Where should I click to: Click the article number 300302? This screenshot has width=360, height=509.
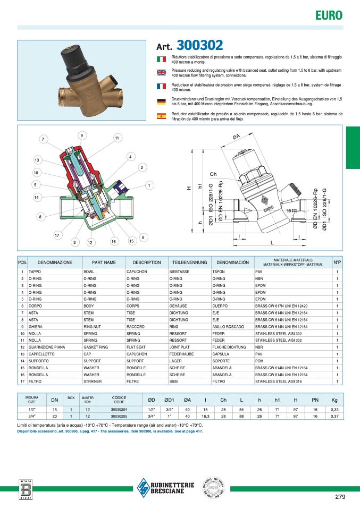(x=199, y=45)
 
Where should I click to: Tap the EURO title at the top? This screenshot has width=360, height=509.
(x=329, y=15)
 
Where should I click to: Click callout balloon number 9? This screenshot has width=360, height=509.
(x=82, y=136)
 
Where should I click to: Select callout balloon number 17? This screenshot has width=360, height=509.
(x=57, y=235)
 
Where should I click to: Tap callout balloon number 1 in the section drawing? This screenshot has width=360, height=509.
(x=149, y=185)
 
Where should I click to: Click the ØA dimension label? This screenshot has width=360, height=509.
(x=236, y=138)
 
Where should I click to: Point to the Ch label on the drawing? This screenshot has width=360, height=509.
(x=213, y=174)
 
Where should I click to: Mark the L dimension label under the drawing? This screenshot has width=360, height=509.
(x=272, y=242)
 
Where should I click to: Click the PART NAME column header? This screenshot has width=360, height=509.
(x=104, y=262)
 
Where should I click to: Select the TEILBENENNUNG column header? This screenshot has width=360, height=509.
(x=189, y=262)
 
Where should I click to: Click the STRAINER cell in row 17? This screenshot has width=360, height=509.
(x=92, y=381)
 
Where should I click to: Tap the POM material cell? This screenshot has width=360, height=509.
(x=260, y=360)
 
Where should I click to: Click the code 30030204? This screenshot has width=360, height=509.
(x=119, y=410)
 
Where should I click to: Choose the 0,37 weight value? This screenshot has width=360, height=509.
(x=334, y=416)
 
